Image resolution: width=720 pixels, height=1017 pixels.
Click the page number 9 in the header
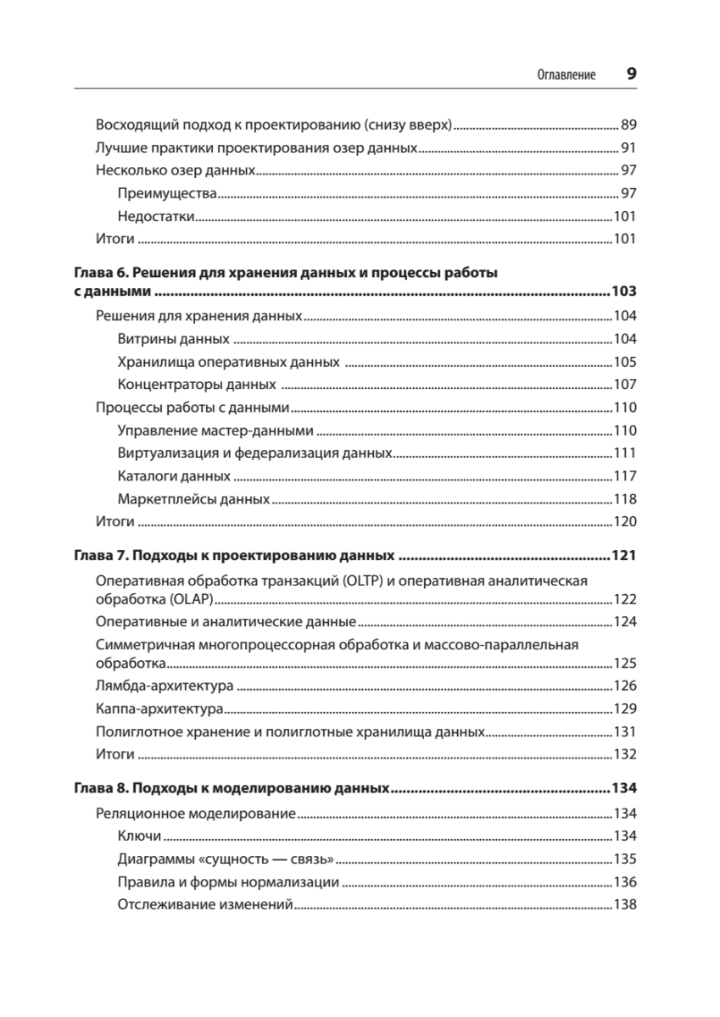tap(631, 74)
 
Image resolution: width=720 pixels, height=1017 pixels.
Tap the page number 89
tap(628, 124)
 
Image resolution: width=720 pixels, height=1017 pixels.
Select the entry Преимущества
tap(168, 193)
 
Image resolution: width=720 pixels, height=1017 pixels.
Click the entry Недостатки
tap(157, 216)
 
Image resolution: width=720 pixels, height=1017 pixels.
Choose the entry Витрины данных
tap(174, 339)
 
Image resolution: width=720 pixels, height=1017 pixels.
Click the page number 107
tap(624, 385)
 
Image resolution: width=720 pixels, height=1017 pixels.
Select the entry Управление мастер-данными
tap(215, 430)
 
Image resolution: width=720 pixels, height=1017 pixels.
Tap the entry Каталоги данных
tap(174, 475)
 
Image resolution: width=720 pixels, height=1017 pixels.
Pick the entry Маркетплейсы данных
tap(193, 498)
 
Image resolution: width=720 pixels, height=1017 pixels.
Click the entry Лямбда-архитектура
tap(165, 686)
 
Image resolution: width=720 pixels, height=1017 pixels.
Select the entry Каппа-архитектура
tap(159, 709)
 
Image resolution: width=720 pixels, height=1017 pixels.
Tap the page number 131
tap(624, 731)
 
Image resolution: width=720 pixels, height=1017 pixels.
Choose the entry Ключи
tap(139, 836)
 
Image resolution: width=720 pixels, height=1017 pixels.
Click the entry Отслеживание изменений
tap(204, 904)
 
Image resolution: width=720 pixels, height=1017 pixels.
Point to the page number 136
tap(624, 881)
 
